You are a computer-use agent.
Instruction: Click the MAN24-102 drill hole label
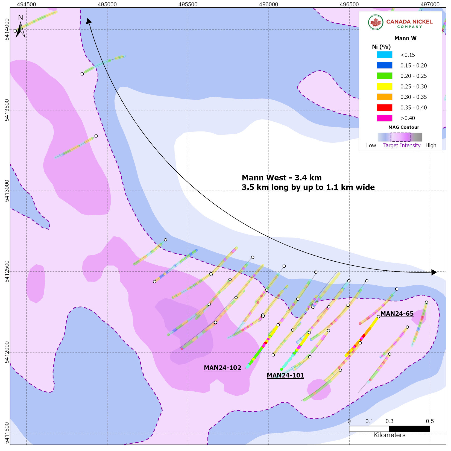(x=222, y=368)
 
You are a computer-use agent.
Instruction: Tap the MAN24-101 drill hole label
(x=285, y=375)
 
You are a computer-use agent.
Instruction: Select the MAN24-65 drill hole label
(x=397, y=314)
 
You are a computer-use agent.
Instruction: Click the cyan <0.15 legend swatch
(x=384, y=55)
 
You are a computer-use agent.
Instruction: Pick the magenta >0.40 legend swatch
(x=384, y=118)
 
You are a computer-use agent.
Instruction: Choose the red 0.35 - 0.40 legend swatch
(x=384, y=107)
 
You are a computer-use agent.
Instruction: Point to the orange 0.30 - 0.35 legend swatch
(x=384, y=97)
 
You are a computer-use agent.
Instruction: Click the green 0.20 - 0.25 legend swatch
(x=384, y=76)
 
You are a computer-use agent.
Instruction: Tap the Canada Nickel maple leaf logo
(x=376, y=22)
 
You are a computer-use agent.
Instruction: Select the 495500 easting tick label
(x=188, y=4)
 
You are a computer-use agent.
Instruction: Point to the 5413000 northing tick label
(x=7, y=191)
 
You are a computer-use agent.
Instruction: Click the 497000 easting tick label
(x=430, y=4)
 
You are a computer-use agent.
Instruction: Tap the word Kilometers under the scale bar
(x=389, y=435)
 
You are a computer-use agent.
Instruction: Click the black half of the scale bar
(x=409, y=429)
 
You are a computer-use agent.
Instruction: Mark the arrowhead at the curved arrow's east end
(x=434, y=272)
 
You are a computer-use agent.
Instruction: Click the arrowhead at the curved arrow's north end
(x=89, y=21)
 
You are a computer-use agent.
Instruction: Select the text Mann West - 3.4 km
(x=282, y=178)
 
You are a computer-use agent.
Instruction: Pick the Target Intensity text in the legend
(x=402, y=145)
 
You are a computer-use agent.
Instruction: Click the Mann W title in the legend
(x=405, y=38)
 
